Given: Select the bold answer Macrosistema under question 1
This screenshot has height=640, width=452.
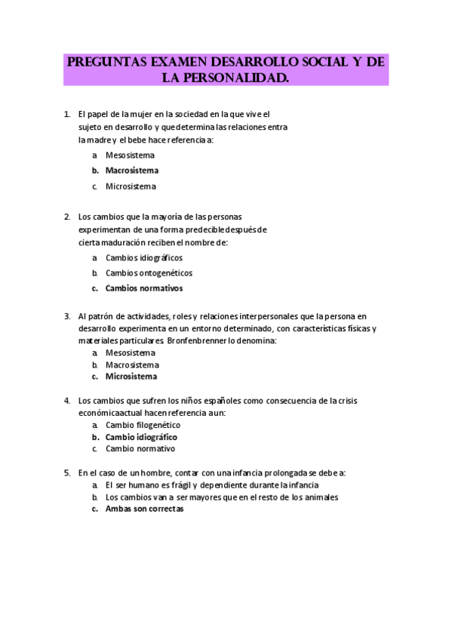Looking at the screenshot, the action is coord(131,171).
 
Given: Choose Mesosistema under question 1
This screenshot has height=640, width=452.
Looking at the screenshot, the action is coord(130,155).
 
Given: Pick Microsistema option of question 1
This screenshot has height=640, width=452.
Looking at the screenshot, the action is coord(131,186).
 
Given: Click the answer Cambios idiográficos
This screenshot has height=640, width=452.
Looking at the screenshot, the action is coord(143,257).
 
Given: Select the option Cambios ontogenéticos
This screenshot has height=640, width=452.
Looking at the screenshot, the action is coord(149,272).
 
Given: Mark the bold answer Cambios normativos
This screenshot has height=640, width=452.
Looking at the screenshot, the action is coord(143,288).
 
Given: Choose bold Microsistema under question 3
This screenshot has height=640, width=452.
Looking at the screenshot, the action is coord(131,376).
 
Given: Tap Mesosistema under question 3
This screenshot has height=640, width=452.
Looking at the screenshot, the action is coord(130,352).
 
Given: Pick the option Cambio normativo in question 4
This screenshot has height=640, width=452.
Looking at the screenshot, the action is coord(140,448).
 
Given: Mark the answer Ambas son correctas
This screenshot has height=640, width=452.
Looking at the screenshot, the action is coord(144,509).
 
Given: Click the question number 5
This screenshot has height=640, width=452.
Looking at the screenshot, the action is coord(66,472).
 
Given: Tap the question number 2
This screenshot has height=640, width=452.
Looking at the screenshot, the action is coord(66,217).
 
